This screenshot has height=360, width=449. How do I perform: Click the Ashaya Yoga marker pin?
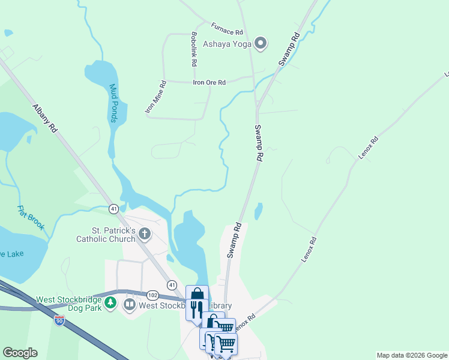pos(261,43)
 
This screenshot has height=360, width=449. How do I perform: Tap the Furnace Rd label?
pos(227,28)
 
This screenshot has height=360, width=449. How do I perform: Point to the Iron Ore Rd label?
pos(209,83)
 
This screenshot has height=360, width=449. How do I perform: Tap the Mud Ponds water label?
pos(113,103)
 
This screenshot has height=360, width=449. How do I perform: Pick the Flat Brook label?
pos(31,218)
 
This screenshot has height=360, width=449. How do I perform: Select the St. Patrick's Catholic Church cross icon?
pos(144,233)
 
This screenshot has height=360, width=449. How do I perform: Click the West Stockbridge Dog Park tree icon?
pos(110,304)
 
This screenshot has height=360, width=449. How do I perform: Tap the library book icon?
pos(129,305)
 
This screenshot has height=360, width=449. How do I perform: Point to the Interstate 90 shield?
pos(59,320)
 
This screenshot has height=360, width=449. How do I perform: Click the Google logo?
pos(20,353)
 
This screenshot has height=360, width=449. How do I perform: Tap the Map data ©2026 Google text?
pos(411,355)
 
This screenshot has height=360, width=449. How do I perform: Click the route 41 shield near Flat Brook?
pos(113,208)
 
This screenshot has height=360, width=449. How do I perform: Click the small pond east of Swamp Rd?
pos(258,211)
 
